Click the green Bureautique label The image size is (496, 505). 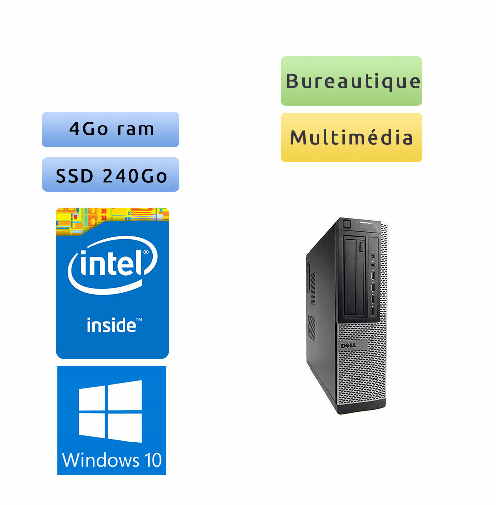pos(351,81)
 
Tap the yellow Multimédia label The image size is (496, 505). pos(351,137)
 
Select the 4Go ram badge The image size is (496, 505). pos(110,129)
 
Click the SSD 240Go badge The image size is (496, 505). pos(111,175)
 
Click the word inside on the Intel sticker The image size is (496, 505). pos(112,325)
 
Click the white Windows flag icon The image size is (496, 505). pos(110,412)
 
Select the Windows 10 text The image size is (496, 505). pos(112,460)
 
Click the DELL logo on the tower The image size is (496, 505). pos(345,344)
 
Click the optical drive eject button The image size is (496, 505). pos(368,247)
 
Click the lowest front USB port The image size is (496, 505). pos(372,312)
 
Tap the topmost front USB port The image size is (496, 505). pos(372,274)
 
